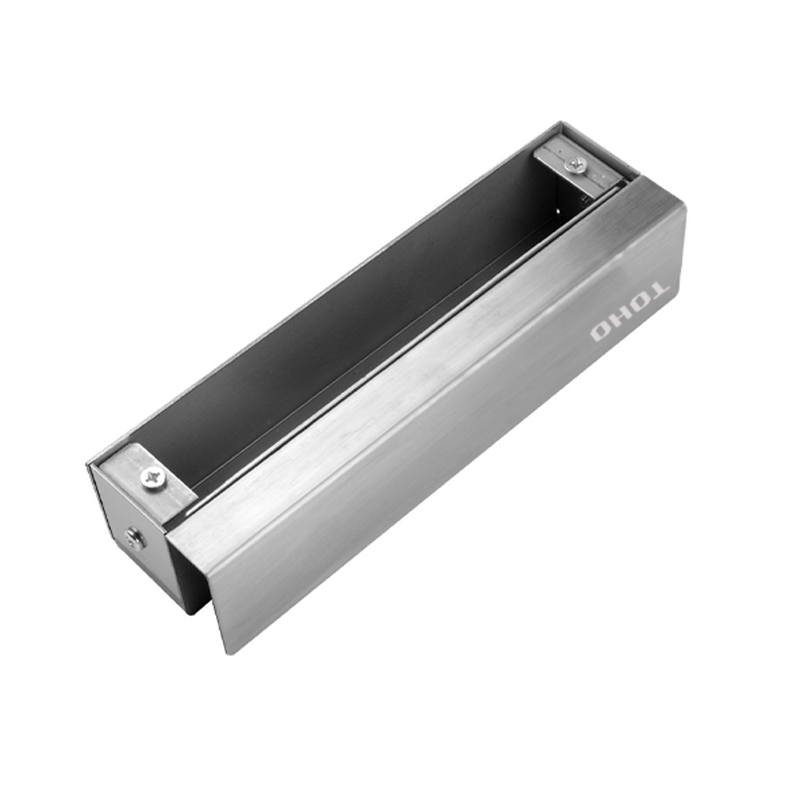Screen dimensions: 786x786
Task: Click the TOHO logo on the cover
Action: point(630,311)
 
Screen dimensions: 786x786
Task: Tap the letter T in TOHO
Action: point(658,291)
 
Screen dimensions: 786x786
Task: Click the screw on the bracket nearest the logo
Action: point(576,163)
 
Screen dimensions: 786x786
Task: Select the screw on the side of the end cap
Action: point(135,538)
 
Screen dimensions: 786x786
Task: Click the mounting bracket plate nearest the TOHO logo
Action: point(582,170)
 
